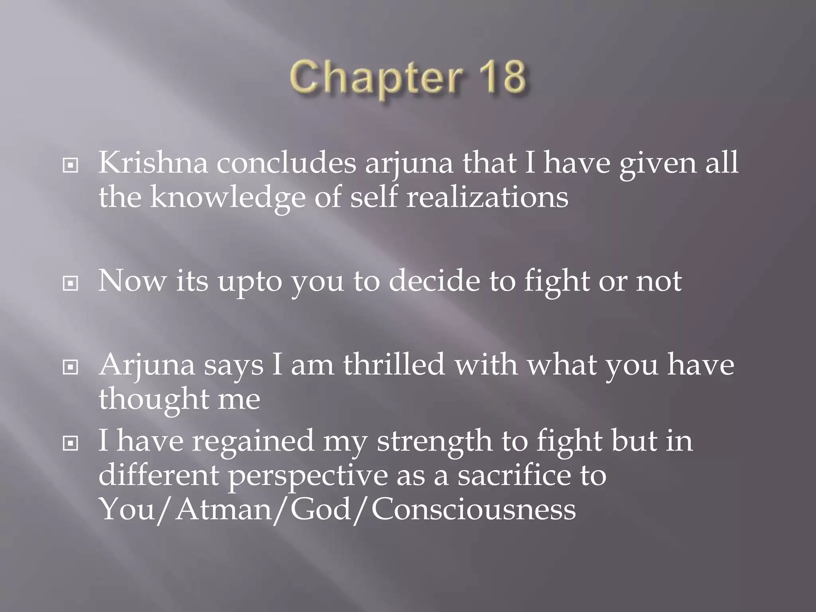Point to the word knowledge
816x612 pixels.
pos(228,198)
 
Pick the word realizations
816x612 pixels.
pos(487,198)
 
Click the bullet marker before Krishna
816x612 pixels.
pos(71,165)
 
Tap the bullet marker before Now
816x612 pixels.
pos(71,283)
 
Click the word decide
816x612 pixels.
pos(434,281)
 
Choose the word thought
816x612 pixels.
pos(153,399)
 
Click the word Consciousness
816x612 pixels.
pos(473,509)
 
